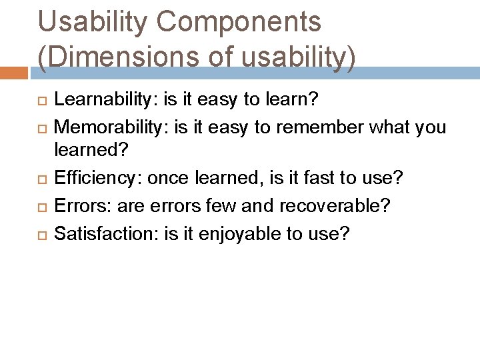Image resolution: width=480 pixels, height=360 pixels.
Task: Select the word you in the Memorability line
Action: point(429,127)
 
